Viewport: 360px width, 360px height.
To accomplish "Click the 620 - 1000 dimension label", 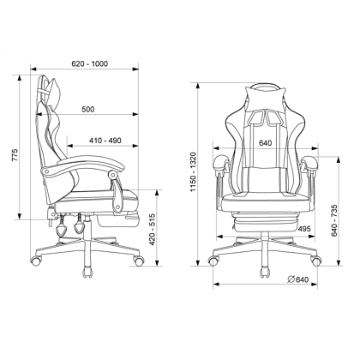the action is [x=89, y=63].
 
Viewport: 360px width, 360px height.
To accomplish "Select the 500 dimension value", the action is [x=88, y=109].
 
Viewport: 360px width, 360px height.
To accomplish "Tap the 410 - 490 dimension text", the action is [x=105, y=141].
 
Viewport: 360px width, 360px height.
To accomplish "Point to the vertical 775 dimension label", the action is [x=15, y=155].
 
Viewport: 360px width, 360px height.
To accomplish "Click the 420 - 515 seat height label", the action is [x=153, y=229].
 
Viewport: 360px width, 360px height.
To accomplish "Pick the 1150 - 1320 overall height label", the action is [x=194, y=172].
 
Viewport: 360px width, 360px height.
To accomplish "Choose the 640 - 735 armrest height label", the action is [x=334, y=220].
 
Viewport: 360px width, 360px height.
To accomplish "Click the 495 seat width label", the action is [x=303, y=229].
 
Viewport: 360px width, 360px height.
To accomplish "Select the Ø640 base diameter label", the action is [x=298, y=279].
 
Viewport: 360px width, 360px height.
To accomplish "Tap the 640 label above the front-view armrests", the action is [x=265, y=143].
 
